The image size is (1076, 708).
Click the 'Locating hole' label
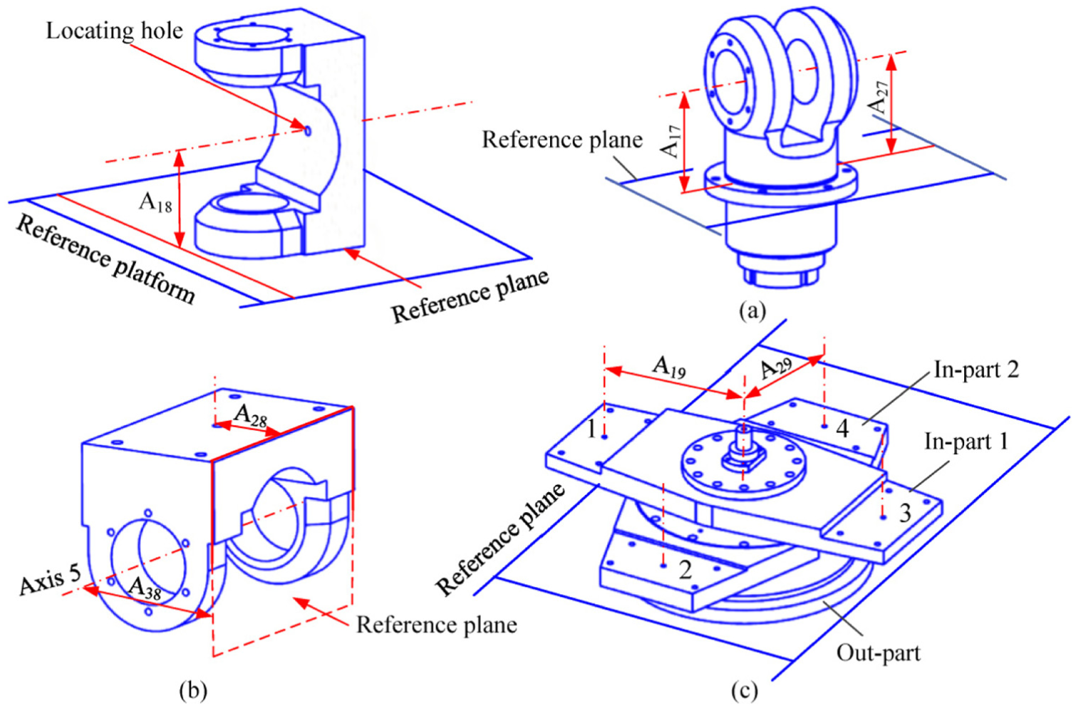pos(114,31)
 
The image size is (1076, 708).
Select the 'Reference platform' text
pos(106,260)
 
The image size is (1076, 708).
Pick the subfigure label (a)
pos(752,311)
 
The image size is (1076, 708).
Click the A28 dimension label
pos(250,415)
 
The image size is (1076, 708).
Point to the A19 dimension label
pos(668,368)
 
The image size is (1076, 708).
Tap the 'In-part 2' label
pos(976,370)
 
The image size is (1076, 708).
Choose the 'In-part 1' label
pos(966,442)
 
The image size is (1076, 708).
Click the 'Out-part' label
pos(879,653)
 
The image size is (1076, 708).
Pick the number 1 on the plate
pos(591,429)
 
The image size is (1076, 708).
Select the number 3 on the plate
pos(905,513)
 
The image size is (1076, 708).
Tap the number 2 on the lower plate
pos(685,570)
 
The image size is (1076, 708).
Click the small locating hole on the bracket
pos(308,130)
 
